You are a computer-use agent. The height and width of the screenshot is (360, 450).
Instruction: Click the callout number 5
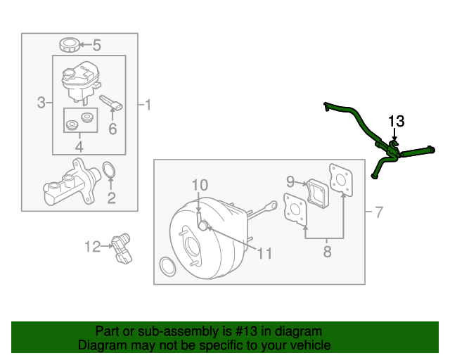click(x=97, y=46)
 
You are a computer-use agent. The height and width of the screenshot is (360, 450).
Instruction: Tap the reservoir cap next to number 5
click(x=69, y=46)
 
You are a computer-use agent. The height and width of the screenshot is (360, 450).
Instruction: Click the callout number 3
click(x=41, y=103)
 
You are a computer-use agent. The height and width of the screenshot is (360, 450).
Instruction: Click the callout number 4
click(x=79, y=147)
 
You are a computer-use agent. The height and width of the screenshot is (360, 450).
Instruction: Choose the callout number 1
click(x=148, y=105)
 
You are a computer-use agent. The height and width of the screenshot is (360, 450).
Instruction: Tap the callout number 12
click(x=93, y=246)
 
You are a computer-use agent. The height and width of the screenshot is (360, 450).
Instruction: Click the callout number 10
click(x=200, y=185)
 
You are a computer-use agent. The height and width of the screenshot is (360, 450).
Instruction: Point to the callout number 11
click(x=264, y=253)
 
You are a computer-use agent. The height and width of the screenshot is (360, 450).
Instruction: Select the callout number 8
click(x=327, y=250)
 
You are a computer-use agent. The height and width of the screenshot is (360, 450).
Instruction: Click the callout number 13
click(x=396, y=120)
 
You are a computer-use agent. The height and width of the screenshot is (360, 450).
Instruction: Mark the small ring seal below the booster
click(x=167, y=266)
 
